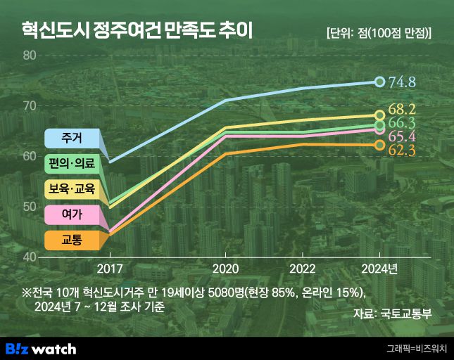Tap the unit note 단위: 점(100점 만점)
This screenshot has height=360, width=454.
pos(379,33)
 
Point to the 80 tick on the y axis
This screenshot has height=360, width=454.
pos(29,56)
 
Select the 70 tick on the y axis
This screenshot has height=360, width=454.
pos(29,106)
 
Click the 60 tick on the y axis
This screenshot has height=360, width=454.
pos(29,156)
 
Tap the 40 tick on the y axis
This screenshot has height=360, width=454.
pos(29,257)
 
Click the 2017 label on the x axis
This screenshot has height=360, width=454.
pos(109,269)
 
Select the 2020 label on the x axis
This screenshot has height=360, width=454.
pos(225,269)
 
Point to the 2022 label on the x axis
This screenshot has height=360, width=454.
pos(303,269)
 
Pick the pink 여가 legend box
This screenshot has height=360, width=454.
pos(71,214)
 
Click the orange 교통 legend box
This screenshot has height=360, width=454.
pos(71,240)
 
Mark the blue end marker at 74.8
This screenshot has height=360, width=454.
pos(380,82)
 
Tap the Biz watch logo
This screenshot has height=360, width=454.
pos(41,349)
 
